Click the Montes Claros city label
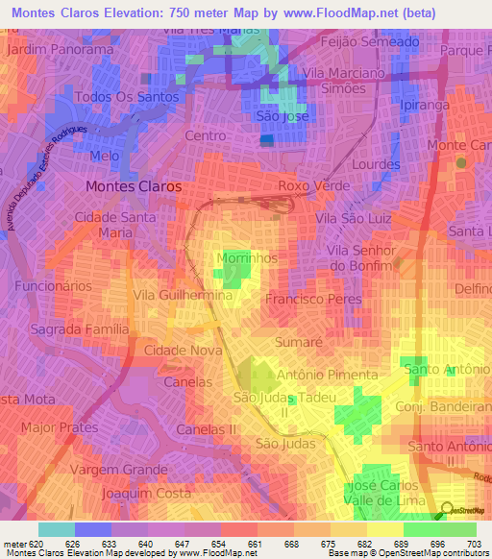[134, 186]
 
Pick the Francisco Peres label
[312, 299]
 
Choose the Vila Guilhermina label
[184, 296]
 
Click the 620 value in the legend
[36, 544]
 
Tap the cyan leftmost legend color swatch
[57, 529]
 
